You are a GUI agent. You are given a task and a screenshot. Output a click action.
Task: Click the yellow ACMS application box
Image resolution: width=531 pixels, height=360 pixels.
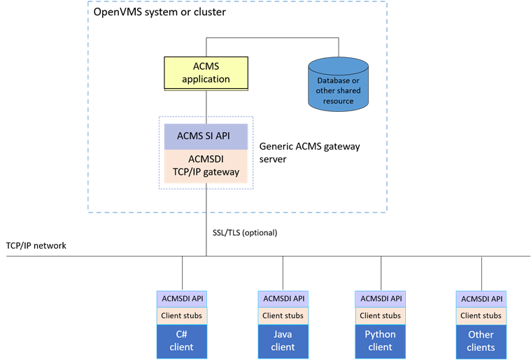[206, 73]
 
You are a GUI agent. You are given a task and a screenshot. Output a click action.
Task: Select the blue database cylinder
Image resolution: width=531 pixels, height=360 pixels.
[338, 85]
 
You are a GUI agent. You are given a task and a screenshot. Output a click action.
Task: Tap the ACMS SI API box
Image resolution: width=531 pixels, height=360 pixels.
[206, 135]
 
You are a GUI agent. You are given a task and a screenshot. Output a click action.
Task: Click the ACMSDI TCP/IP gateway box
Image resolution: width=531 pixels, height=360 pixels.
[206, 166]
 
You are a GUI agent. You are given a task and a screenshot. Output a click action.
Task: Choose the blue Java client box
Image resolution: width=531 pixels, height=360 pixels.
[283, 341]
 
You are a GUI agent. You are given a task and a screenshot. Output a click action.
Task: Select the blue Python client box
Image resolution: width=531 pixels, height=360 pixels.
[380, 341]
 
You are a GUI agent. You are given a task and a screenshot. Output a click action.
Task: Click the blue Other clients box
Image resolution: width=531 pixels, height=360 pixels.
[481, 341]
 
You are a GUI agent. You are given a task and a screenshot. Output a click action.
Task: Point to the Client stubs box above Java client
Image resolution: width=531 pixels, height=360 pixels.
[283, 315]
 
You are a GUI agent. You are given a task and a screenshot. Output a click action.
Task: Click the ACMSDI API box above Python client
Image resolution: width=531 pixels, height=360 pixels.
[380, 298]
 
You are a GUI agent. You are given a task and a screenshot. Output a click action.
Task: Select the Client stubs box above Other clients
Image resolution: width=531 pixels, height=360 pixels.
[481, 315]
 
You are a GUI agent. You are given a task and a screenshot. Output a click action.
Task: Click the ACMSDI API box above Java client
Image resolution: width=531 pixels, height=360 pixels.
[283, 298]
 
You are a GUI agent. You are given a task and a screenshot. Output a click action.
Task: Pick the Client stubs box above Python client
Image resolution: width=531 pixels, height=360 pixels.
[380, 315]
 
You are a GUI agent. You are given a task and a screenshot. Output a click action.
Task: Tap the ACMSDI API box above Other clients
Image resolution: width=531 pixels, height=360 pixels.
[481, 298]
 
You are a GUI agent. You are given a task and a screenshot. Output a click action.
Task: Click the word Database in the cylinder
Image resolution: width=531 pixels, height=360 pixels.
[338, 80]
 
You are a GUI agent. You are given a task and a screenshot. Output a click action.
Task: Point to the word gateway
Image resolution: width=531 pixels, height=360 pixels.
[220, 172]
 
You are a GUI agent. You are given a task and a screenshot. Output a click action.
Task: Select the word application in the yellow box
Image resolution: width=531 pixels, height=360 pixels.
[206, 79]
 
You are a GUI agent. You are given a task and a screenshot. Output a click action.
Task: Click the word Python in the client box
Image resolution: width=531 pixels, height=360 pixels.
[380, 334]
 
